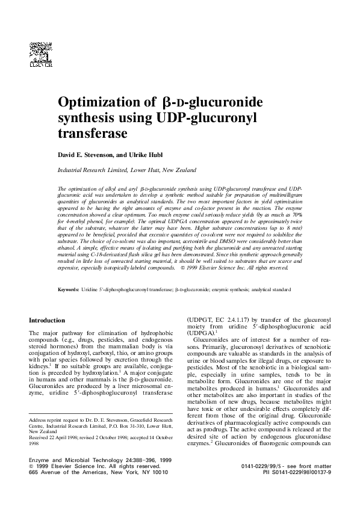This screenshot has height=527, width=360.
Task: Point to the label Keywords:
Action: click(68, 290)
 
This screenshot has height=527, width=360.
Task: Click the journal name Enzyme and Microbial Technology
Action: click(72, 459)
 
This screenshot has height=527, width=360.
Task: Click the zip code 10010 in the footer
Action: click(159, 472)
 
